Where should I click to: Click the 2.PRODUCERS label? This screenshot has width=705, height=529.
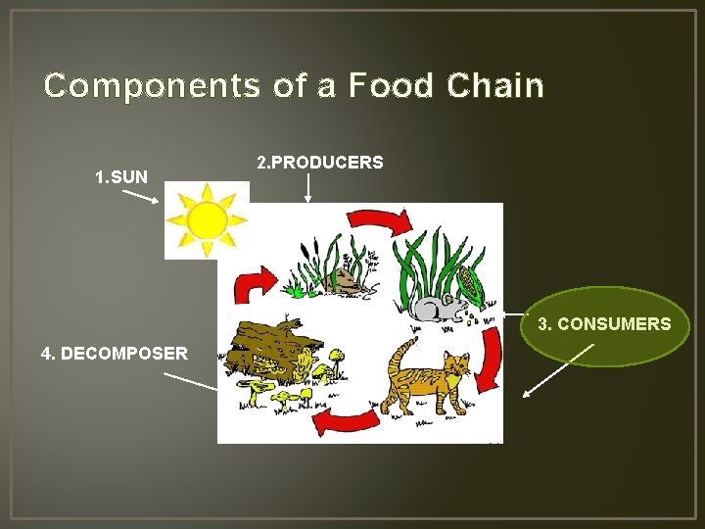(319, 162)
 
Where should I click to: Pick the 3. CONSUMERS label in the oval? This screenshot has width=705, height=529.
(604, 324)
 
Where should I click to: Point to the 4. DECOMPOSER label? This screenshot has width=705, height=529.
(115, 353)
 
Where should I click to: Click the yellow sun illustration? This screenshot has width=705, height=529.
(206, 220)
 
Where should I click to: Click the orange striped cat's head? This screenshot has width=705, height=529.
(454, 367)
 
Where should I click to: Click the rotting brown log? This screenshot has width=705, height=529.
(269, 348)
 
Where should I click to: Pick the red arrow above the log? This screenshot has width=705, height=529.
(254, 287)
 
